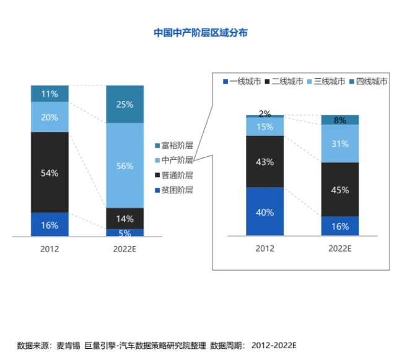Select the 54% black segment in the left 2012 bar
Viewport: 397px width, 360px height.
click(50, 173)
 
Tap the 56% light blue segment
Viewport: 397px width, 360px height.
click(124, 165)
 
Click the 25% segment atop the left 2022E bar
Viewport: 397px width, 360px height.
click(124, 104)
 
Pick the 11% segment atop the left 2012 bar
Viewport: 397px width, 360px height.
click(50, 94)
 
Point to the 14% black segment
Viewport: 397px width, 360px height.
click(124, 218)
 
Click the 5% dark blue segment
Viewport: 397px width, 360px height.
click(124, 233)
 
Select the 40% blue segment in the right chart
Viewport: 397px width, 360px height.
click(264, 211)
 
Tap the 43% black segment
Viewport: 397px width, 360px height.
click(264, 161)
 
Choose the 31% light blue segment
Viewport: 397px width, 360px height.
click(340, 144)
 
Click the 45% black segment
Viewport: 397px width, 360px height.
click(340, 190)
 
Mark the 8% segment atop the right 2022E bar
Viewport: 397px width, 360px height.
click(340, 120)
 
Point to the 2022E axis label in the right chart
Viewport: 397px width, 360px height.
click(340, 249)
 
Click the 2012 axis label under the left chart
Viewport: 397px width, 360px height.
click(50, 249)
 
